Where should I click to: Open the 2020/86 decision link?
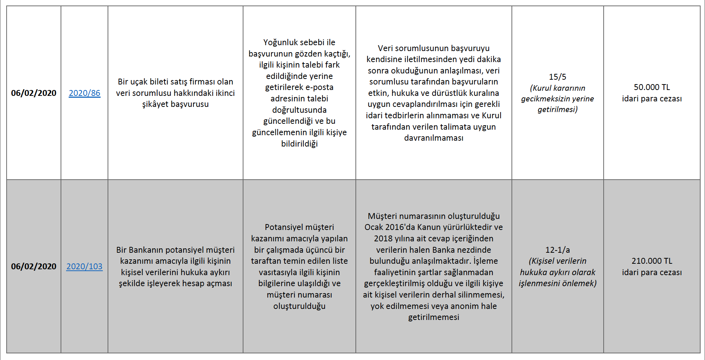[x=84, y=93]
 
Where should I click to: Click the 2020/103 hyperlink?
[x=84, y=266]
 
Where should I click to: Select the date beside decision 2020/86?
[x=34, y=93]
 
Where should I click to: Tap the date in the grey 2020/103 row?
[x=34, y=266]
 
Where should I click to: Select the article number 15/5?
[x=557, y=77]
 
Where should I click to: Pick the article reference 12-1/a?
[x=557, y=250]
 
